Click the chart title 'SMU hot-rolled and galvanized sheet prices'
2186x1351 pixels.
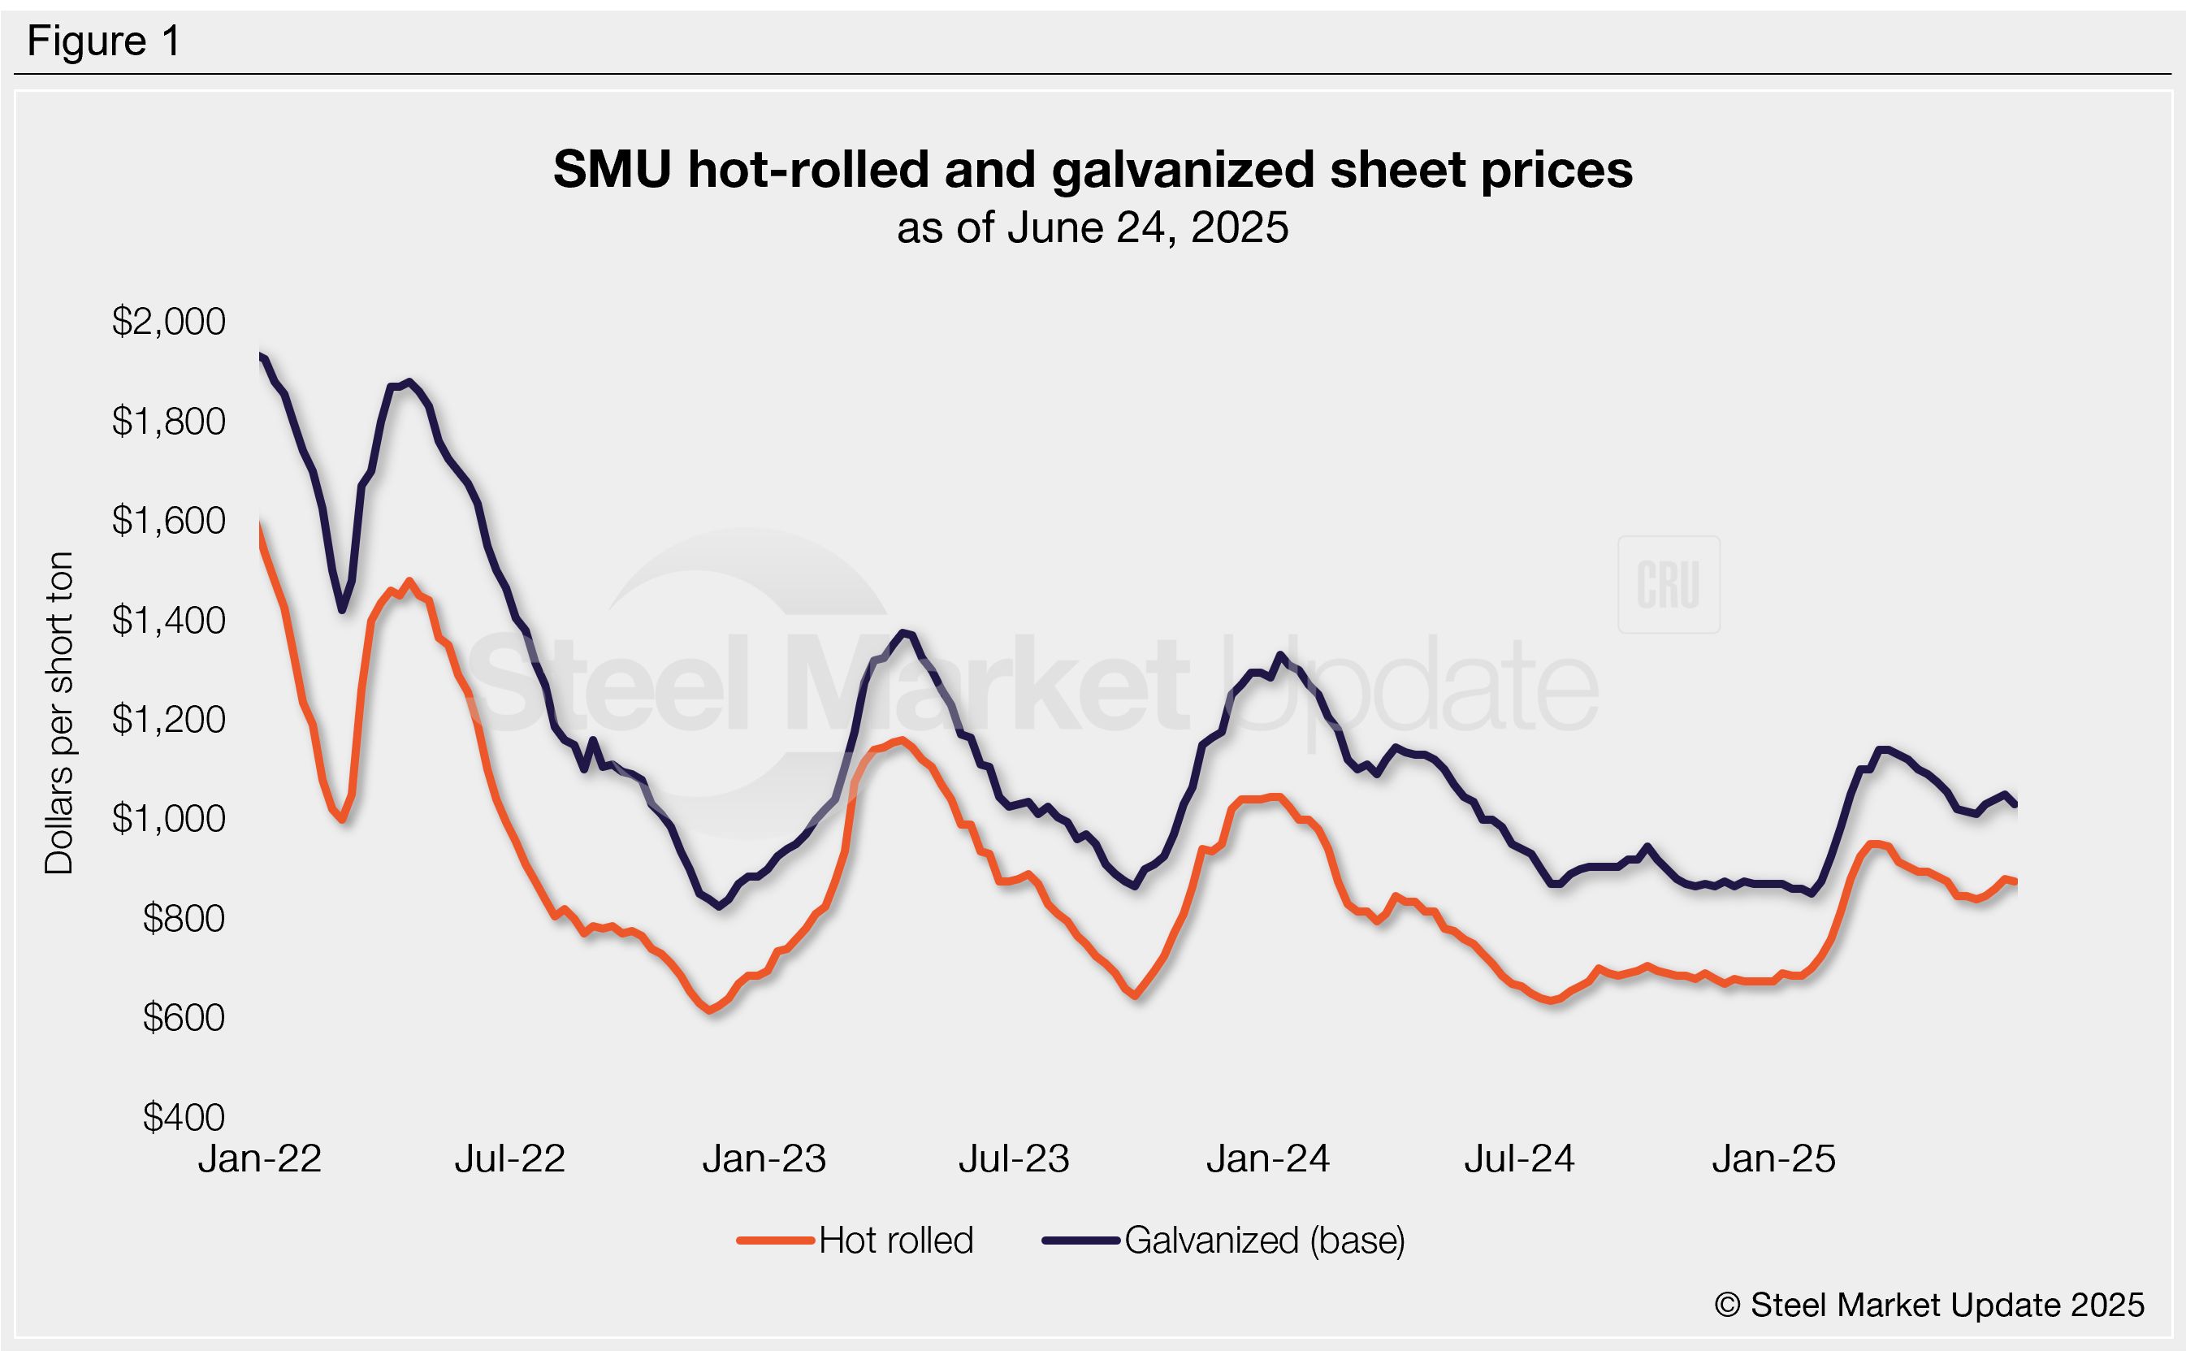point(1092,169)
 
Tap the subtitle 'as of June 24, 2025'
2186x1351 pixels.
point(1092,227)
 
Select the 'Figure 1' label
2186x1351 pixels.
point(104,41)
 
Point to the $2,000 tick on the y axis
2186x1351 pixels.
point(168,322)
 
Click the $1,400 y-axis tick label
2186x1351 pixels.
point(168,620)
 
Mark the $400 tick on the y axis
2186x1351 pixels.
point(183,1117)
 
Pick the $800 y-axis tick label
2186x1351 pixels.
point(183,919)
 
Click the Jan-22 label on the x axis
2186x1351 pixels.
point(259,1159)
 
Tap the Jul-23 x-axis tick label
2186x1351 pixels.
point(1014,1159)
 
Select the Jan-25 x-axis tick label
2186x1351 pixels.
point(1773,1159)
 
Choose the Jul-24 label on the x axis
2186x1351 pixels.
point(1519,1159)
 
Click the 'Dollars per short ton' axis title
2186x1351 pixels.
point(59,712)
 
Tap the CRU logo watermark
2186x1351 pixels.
point(1668,584)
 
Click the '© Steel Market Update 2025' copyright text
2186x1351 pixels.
point(1928,1305)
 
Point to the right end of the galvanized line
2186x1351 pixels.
point(2015,804)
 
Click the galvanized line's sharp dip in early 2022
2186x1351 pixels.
point(342,609)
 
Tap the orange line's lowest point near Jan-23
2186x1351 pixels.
point(711,1010)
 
